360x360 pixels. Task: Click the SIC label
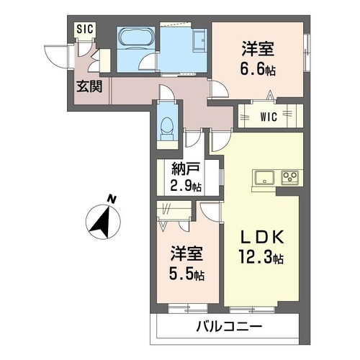click(x=84, y=29)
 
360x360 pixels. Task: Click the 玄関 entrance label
click(x=90, y=86)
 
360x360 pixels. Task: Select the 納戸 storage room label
click(x=184, y=171)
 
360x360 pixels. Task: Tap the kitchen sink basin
click(x=263, y=176)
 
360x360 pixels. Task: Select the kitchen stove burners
click(x=289, y=176)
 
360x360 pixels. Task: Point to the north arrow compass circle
click(x=102, y=221)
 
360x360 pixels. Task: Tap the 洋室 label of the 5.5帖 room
click(x=186, y=254)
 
